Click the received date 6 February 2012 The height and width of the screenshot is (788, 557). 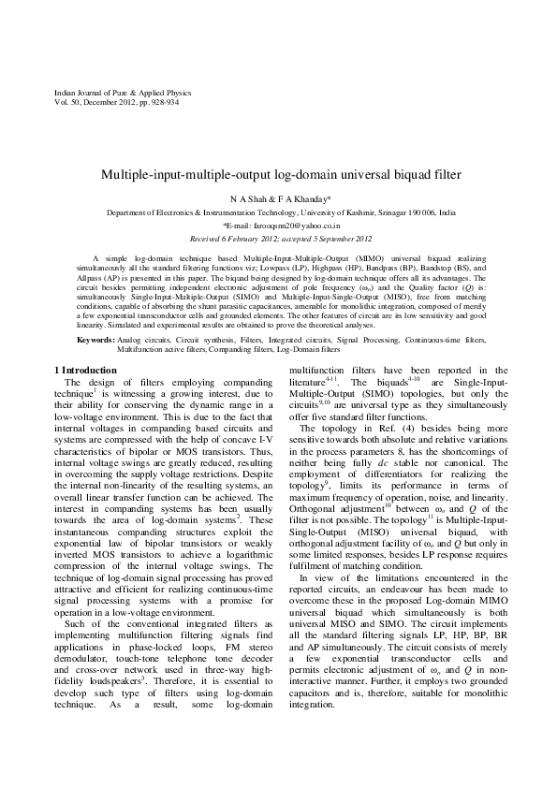(x=247, y=239)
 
